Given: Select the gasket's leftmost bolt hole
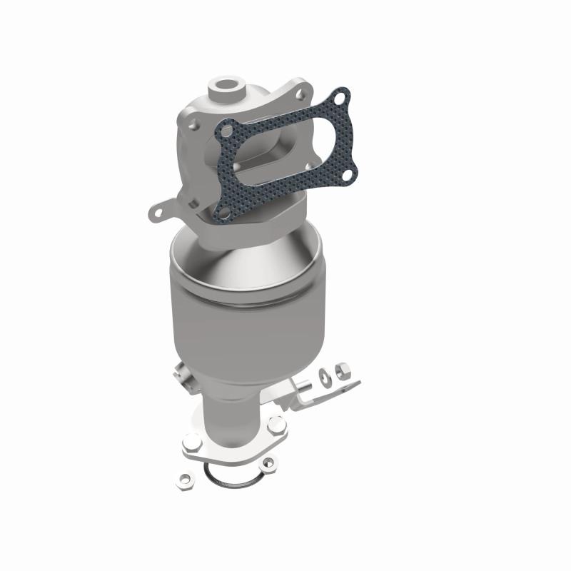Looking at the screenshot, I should point(227,131).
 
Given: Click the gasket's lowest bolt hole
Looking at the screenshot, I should point(224,212).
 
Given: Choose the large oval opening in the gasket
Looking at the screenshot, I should point(285,149).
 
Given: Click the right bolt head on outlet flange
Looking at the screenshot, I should point(278,424).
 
